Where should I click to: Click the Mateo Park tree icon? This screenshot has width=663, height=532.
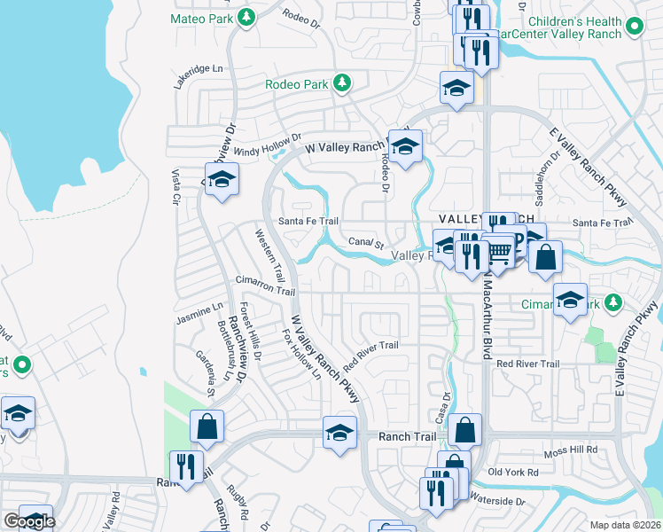click(x=247, y=17)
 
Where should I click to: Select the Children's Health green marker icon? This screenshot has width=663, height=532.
click(x=632, y=27)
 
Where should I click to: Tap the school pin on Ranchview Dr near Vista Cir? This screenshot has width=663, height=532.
click(x=222, y=179)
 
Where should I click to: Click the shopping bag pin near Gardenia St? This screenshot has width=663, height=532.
click(x=207, y=426)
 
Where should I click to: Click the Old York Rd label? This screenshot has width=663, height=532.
click(x=513, y=473)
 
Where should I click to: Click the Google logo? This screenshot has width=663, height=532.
click(x=29, y=521)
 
